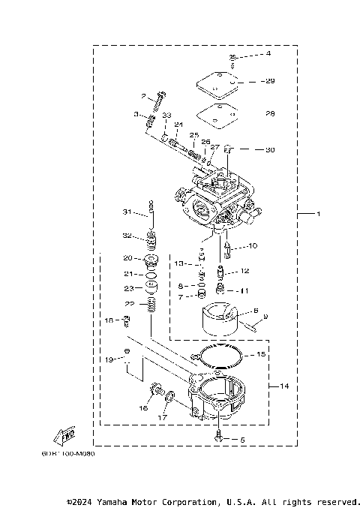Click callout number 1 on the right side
click(318, 215)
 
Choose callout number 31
click(127, 211)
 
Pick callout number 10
click(253, 245)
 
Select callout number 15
click(261, 353)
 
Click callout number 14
click(284, 386)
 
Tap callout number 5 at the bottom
click(242, 439)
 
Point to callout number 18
click(108, 320)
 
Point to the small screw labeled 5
click(217, 436)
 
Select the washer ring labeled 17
click(171, 395)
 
